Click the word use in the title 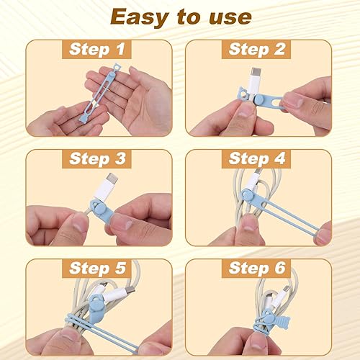click(233, 18)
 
